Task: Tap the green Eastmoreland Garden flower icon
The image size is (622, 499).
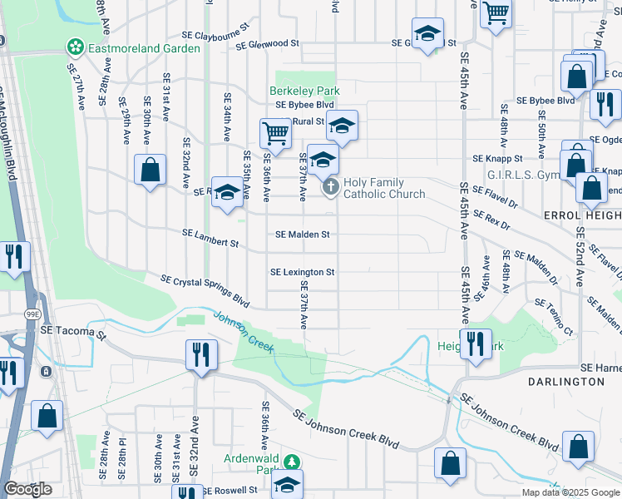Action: (76, 47)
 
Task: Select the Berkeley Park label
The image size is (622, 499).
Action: (293, 90)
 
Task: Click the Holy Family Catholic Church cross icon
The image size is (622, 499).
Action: (330, 187)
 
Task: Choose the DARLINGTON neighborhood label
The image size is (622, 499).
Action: (566, 381)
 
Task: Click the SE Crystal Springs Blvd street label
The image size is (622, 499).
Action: (205, 290)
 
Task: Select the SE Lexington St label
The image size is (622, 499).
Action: (303, 272)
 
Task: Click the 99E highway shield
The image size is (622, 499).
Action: (32, 314)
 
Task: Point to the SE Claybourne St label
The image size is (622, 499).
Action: (216, 37)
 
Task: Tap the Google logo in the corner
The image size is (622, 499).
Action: (28, 489)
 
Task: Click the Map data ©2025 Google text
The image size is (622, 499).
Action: (570, 492)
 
